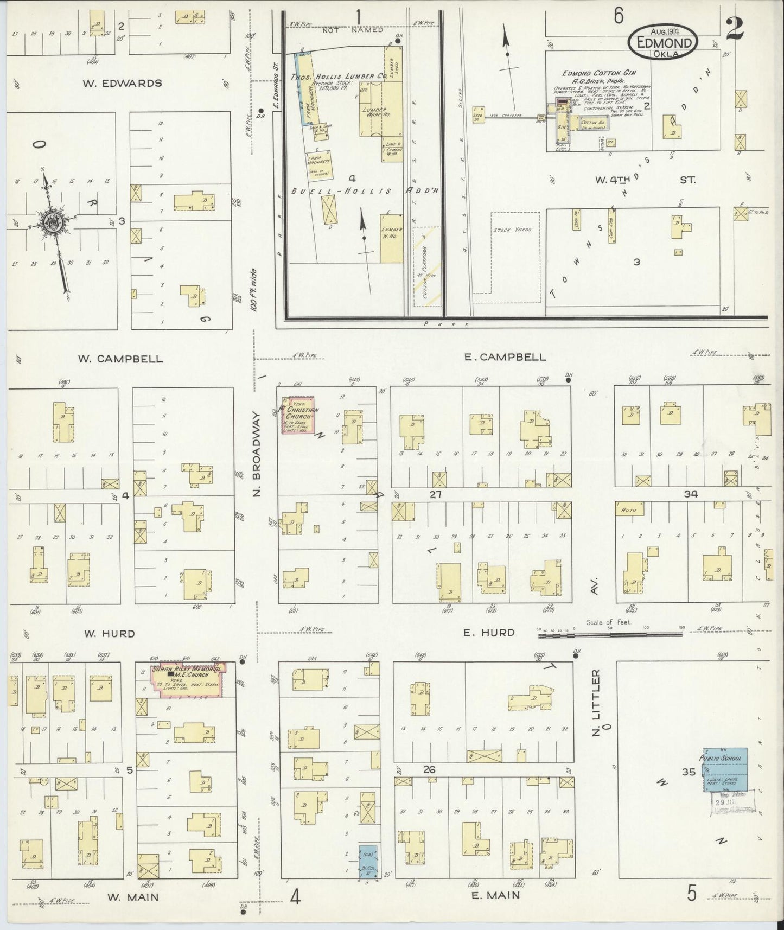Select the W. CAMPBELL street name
coord(120,359)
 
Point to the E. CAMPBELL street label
coord(505,356)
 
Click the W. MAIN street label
coord(132,897)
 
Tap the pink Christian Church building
coord(298,415)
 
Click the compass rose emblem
coord(53,222)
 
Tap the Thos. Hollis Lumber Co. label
coord(339,77)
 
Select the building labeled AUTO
coord(629,509)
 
